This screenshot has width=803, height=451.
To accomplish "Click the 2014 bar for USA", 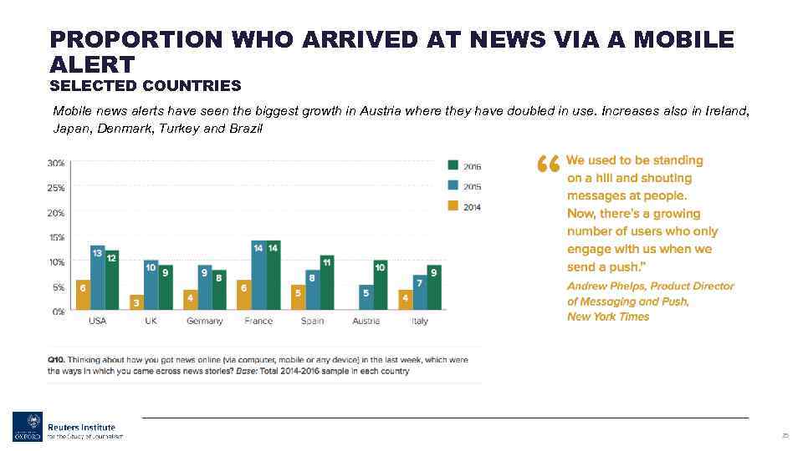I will [83, 295].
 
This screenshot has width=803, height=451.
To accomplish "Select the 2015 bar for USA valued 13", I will [98, 278].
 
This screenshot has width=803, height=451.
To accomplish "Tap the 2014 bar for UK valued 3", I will [136, 302].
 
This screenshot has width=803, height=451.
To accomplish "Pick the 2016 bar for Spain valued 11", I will [327, 282].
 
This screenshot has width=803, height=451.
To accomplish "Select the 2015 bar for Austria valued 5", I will [366, 297].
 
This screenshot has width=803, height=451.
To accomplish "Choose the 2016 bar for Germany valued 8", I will [220, 290].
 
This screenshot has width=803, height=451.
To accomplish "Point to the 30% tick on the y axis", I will [55, 163].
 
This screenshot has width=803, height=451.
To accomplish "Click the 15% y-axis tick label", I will [55, 237].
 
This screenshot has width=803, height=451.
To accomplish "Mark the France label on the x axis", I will [258, 321].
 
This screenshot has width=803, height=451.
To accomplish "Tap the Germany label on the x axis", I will [205, 321].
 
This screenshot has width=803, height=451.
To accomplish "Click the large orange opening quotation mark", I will [547, 165].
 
